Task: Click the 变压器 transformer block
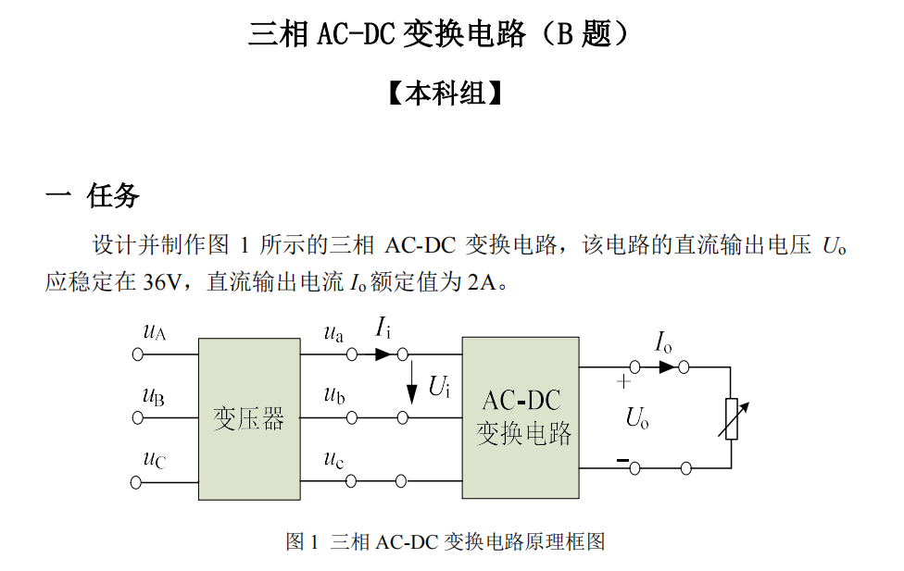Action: coord(249,418)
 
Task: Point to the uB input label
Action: coord(154,397)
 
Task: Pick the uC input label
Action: coord(154,459)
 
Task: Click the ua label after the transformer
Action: coord(333,333)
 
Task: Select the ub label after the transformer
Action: coord(334,397)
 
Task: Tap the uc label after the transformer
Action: coord(333,459)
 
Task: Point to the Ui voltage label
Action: coord(439,387)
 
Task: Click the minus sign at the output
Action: coord(623,460)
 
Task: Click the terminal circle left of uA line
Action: coord(139,354)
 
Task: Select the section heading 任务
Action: coord(113,195)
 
